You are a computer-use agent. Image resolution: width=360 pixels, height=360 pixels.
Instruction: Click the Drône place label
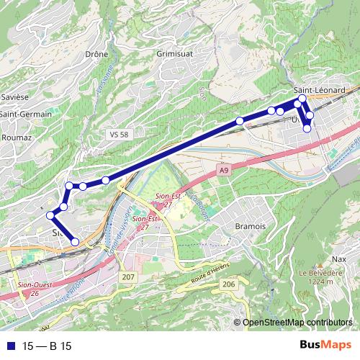pos(96,53)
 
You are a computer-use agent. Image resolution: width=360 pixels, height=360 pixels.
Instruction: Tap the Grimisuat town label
pos(176,53)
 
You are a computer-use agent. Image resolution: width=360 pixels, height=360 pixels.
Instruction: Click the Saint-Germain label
pos(26,114)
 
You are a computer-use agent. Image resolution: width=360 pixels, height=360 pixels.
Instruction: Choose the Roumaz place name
pos(17,137)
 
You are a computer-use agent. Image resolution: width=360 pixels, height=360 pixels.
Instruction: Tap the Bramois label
pos(251,226)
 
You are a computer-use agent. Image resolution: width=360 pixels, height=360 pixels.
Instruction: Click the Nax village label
pos(340,258)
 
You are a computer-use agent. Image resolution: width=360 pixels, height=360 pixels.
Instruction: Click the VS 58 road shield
pos(120,135)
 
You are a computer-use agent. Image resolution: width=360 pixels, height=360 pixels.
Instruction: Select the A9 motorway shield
pos(224,170)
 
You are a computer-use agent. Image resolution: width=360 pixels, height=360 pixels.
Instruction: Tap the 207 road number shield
pos(128,277)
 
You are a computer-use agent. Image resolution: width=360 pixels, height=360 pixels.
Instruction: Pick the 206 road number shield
pos(228,285)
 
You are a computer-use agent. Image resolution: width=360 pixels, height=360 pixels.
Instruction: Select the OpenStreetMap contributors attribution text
pos(297,322)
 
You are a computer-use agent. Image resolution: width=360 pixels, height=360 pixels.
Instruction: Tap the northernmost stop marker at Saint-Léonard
pos(302,99)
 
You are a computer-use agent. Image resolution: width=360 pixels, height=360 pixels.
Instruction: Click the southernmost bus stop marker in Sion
pos(74,243)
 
